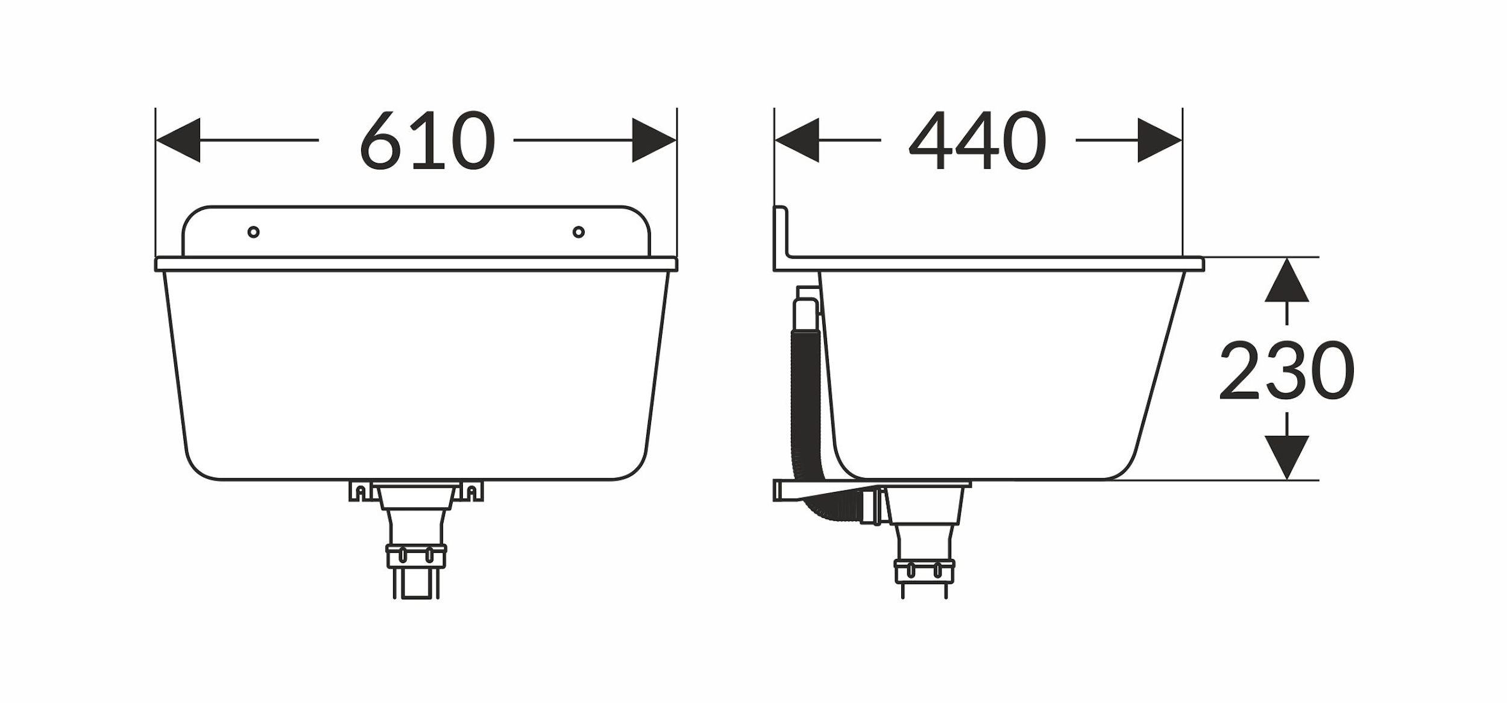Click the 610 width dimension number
coord(427,140)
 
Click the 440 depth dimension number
coord(977,140)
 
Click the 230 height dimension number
coord(1286,370)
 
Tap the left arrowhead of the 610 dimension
coord(178,140)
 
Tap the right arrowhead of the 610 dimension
coord(654,140)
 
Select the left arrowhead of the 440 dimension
coord(797,140)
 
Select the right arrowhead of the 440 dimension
coord(1160,140)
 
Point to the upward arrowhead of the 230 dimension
coord(1286,280)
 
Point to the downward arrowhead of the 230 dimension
coord(1286,457)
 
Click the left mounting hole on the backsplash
coord(254,232)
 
